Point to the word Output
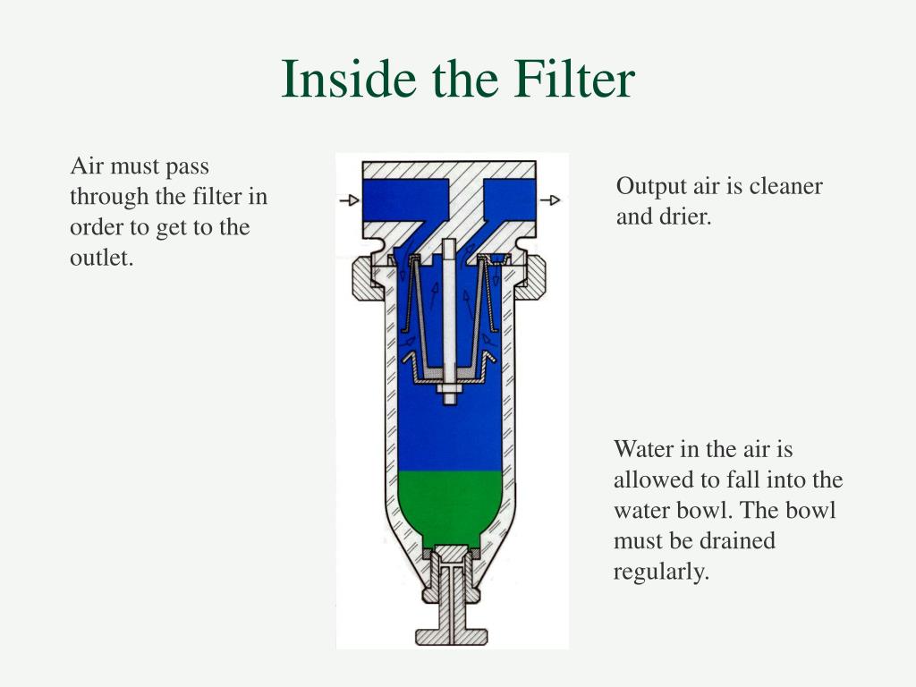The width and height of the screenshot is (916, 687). (x=650, y=186)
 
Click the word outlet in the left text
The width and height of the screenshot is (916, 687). (x=101, y=258)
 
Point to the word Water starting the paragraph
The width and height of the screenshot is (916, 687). (x=642, y=449)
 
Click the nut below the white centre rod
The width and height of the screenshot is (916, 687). (x=449, y=392)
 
